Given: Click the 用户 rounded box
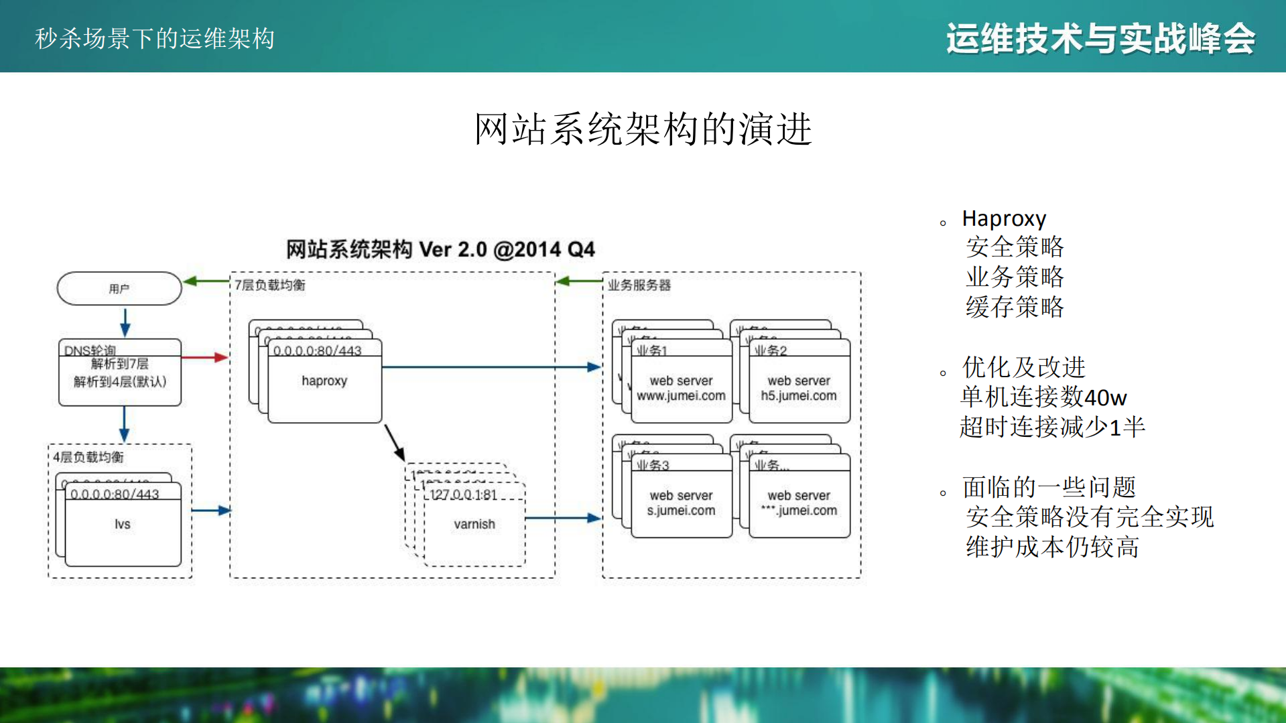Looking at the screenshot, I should pos(119,289).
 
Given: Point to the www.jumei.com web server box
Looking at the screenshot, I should pos(681,389).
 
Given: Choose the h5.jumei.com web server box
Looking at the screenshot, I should pos(799,389).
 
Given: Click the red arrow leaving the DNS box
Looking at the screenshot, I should pos(204,357).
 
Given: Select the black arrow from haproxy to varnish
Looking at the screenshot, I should pos(395,442).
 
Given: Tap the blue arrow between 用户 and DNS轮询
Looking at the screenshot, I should pos(125,322).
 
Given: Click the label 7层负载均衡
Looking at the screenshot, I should pos(269,285).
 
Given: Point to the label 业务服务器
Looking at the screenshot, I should pos(639,285).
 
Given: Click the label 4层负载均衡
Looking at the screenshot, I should pos(88,457).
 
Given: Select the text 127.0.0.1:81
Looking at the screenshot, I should pos(463,495).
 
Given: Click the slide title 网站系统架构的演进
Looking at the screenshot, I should pos(643,129).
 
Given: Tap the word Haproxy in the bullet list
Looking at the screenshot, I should pos(1003,218).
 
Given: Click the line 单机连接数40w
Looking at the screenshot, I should pos(1043,397).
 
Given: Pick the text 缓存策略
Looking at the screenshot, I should pos(1014,307).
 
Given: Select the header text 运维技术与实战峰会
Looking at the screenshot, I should pos(1100,38).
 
